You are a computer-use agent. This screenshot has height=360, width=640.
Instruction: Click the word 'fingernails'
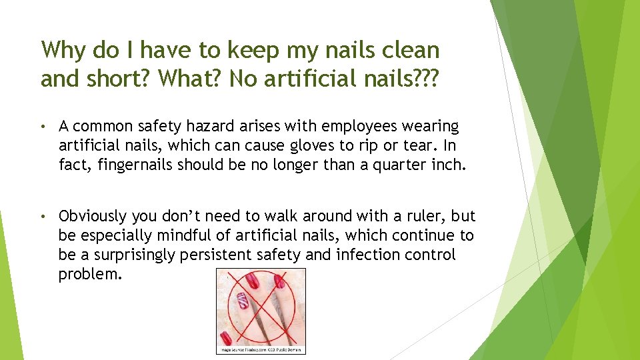coord(136,165)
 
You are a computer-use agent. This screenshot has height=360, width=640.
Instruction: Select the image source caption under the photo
coord(261,349)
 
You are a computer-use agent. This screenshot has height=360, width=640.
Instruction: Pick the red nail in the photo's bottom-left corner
coord(227,337)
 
